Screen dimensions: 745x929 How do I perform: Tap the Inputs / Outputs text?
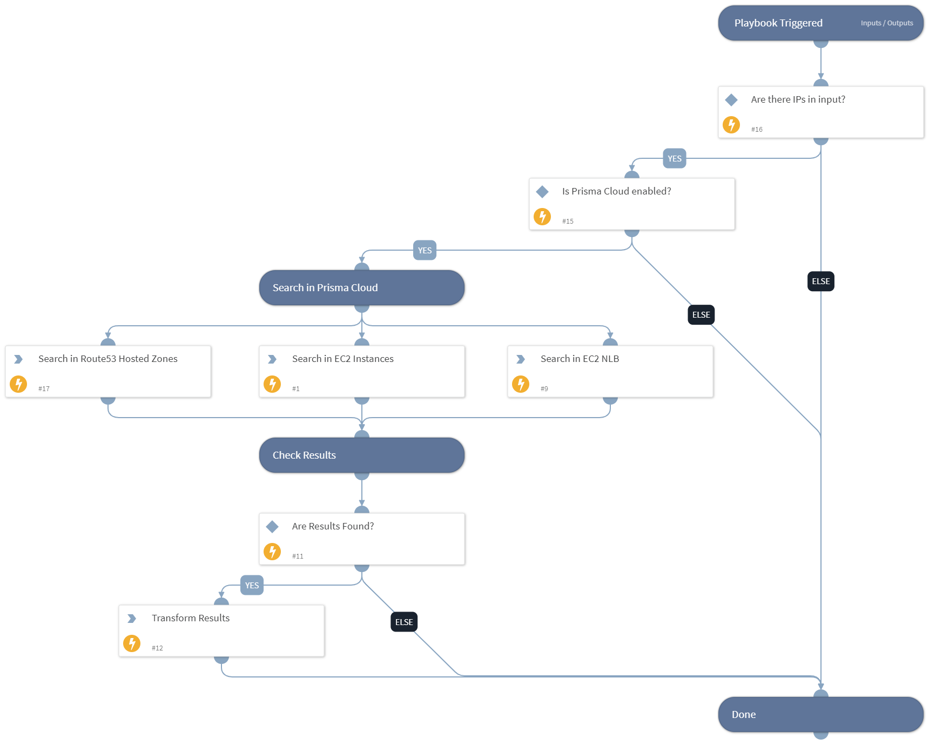tap(886, 23)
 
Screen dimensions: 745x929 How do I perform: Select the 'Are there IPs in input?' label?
tap(798, 99)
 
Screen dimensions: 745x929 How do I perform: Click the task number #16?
tap(757, 130)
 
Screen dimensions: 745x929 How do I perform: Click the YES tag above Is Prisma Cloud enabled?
tap(674, 159)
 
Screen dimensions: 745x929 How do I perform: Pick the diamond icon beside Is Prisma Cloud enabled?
tap(542, 192)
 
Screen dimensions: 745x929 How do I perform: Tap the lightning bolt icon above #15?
tap(542, 217)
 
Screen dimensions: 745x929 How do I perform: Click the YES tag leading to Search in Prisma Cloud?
tap(425, 251)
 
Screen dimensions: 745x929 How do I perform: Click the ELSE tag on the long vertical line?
tap(820, 281)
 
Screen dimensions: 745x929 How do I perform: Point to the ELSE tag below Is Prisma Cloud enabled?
tap(701, 315)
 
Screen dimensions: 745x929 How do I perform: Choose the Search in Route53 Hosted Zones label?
tap(107, 359)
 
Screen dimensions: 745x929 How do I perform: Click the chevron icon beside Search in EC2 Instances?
tap(272, 359)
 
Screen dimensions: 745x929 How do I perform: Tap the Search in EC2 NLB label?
tap(580, 359)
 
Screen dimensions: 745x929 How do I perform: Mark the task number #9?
tap(544, 389)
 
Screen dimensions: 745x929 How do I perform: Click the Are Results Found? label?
tap(333, 526)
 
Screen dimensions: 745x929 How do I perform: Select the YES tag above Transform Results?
tap(252, 586)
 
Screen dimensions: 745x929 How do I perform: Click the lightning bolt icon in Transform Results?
tap(132, 643)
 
